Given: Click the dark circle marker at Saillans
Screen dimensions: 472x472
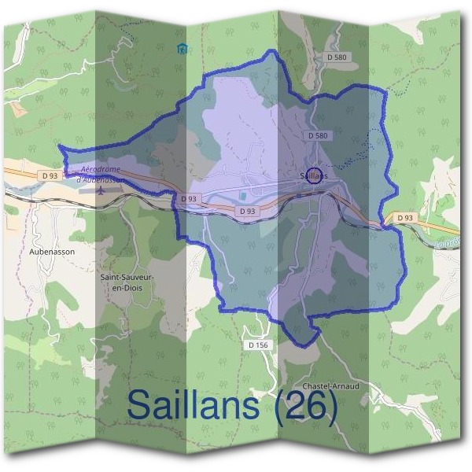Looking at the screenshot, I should [315, 174].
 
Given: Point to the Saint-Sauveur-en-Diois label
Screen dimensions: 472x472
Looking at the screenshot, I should [127, 282].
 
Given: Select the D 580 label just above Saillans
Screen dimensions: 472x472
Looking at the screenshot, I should [318, 136].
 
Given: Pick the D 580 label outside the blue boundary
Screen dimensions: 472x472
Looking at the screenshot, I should [337, 57].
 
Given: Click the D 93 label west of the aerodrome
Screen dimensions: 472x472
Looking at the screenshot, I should [50, 174].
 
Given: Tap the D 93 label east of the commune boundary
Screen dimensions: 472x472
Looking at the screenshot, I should [405, 217].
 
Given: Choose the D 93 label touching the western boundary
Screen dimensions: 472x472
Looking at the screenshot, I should [188, 199].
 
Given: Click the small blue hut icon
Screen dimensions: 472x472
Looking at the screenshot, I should [183, 50].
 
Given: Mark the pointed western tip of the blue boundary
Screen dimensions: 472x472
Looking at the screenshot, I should [60, 147].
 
